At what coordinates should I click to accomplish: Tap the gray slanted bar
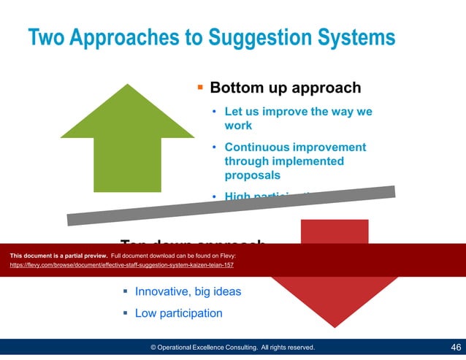(231, 206)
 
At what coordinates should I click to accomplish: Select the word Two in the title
(47, 37)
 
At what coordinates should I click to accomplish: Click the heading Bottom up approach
(285, 88)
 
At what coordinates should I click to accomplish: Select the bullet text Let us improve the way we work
(298, 118)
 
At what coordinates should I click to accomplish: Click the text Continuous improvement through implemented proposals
(295, 161)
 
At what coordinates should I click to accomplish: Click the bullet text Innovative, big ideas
(188, 291)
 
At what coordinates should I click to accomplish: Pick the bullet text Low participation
(178, 313)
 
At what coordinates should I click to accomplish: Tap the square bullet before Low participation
(124, 313)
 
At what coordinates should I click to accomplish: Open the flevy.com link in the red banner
(121, 265)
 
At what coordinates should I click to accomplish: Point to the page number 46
(456, 348)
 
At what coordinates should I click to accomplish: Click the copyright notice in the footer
(232, 348)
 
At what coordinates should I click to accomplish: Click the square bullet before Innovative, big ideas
(124, 291)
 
